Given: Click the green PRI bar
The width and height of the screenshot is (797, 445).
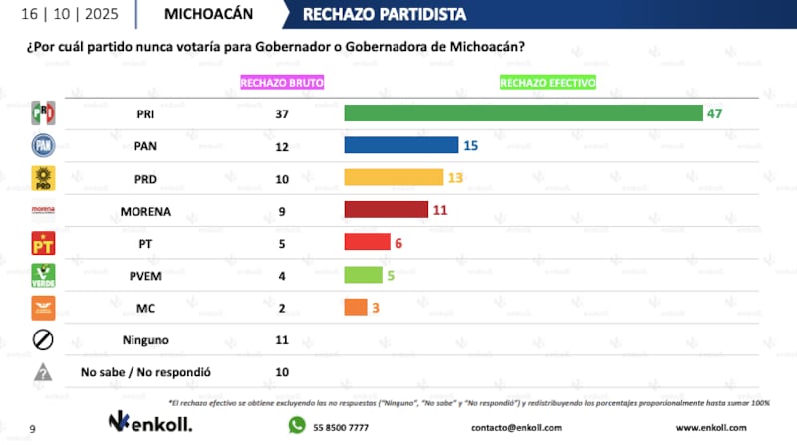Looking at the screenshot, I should pyautogui.click(x=523, y=113).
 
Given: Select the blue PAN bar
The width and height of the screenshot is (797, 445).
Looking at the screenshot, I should pyautogui.click(x=400, y=145).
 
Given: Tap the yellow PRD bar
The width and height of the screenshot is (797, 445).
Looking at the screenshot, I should pyautogui.click(x=394, y=177).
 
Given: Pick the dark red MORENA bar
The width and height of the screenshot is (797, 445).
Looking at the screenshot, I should pyautogui.click(x=386, y=209).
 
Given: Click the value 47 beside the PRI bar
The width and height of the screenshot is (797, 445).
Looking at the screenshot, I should pyautogui.click(x=714, y=113).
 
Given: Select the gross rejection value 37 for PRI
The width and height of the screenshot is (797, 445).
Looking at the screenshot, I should pyautogui.click(x=282, y=113).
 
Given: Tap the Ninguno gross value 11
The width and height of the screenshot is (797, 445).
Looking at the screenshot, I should pyautogui.click(x=282, y=339).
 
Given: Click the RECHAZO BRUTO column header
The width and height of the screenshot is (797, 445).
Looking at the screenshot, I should pyautogui.click(x=282, y=82).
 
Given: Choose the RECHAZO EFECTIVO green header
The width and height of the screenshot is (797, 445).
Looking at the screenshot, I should pyautogui.click(x=547, y=82).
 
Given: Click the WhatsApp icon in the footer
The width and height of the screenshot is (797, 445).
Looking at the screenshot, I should pyautogui.click(x=296, y=425).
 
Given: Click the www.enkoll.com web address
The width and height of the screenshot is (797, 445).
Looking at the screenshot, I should pyautogui.click(x=711, y=427).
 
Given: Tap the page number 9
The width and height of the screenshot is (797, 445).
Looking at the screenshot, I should pyautogui.click(x=32, y=427).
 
